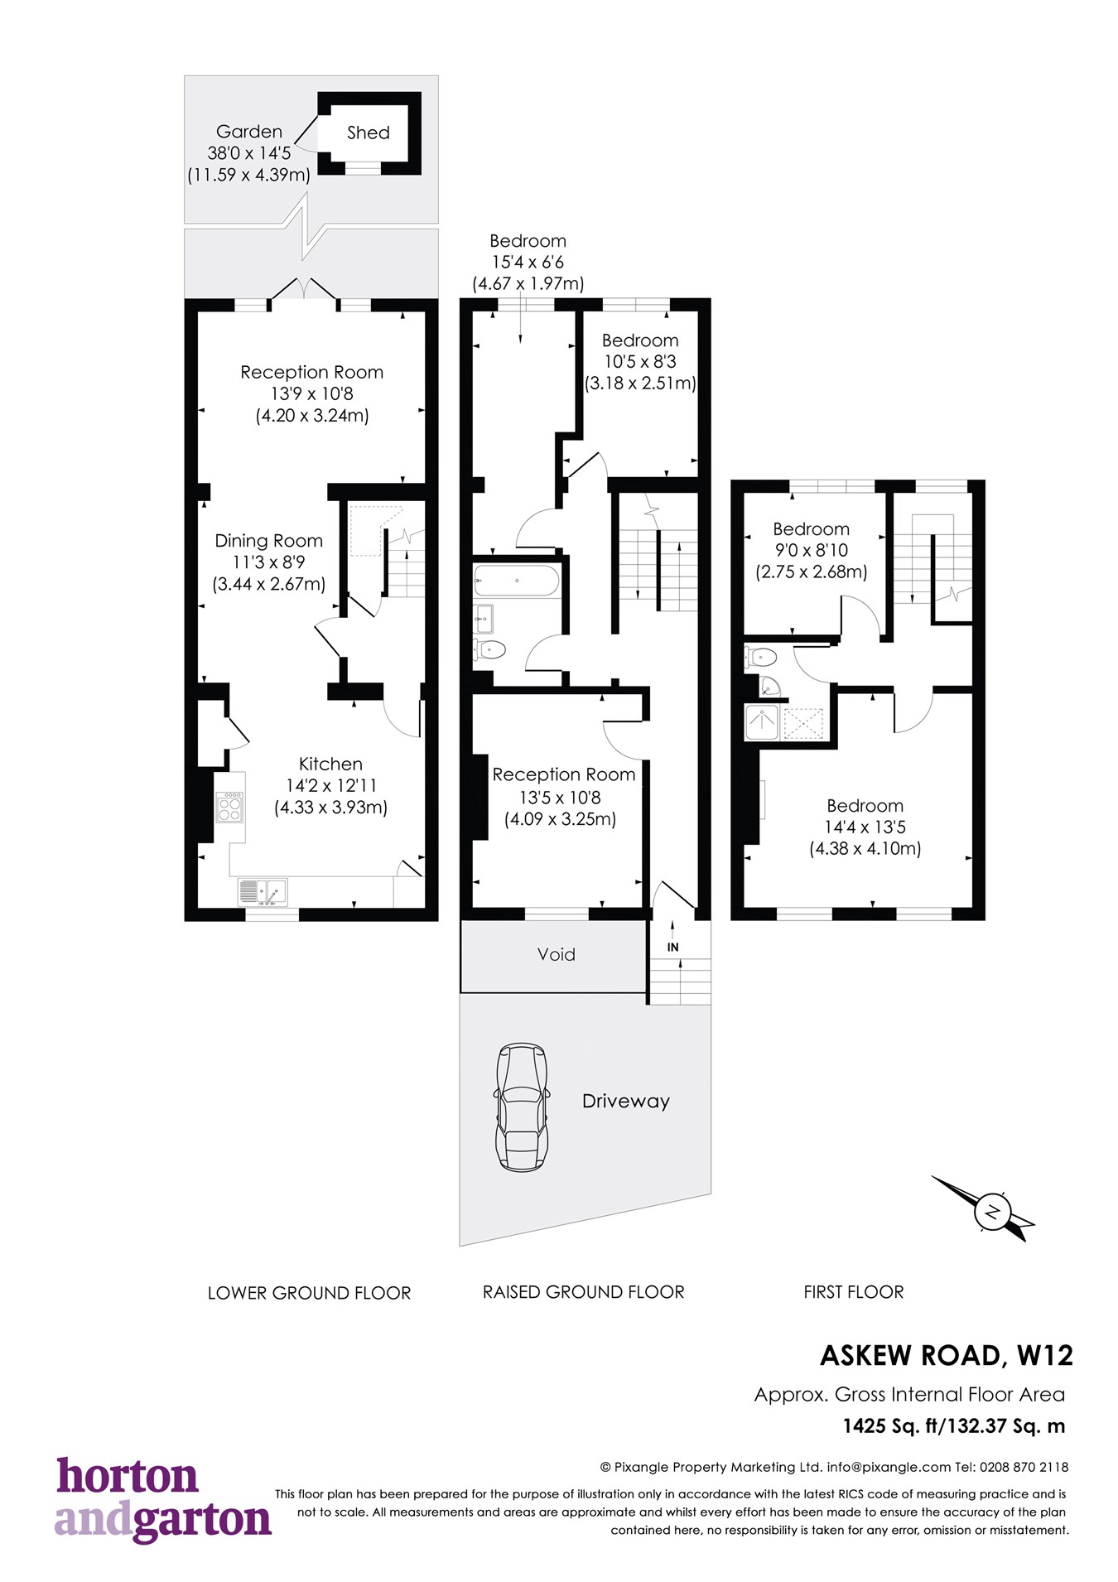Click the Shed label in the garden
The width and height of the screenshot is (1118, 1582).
[x=368, y=133]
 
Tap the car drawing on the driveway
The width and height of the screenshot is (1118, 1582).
[x=522, y=1107]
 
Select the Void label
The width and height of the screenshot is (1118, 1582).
[x=556, y=954]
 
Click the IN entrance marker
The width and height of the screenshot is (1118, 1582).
[x=672, y=947]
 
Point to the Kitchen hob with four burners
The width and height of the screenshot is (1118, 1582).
[x=229, y=807]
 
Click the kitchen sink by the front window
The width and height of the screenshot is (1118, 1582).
[x=263, y=892]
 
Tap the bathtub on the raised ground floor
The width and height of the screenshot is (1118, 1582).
[x=515, y=581]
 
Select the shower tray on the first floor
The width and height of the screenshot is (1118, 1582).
[x=762, y=722]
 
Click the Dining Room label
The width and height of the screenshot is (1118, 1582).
[x=268, y=541]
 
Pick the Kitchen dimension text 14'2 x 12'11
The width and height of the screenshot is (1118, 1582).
[x=330, y=785]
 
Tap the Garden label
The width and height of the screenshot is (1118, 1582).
[x=248, y=132]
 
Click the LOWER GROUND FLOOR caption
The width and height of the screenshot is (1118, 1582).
[x=309, y=1293]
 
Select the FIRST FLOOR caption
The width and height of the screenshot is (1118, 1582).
[x=853, y=1292]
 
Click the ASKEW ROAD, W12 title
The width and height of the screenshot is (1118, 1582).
[x=946, y=1356]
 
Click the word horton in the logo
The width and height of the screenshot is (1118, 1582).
[x=128, y=1477]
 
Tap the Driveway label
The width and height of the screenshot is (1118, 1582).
[x=625, y=1102]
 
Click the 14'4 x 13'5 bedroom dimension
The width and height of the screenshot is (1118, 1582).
[x=865, y=827]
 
